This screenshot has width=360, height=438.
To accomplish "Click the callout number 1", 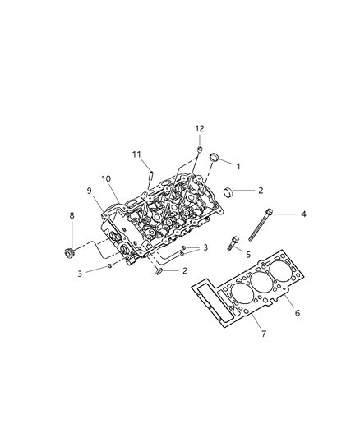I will pyautogui.click(x=238, y=165).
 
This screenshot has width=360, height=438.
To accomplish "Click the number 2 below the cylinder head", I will pyautogui.click(x=185, y=270).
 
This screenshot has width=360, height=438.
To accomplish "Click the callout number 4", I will pyautogui.click(x=303, y=214).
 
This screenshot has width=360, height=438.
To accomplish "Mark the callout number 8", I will pyautogui.click(x=72, y=216).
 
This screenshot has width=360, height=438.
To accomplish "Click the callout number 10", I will pyautogui.click(x=106, y=178).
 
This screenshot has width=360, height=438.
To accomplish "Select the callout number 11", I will pyautogui.click(x=137, y=154).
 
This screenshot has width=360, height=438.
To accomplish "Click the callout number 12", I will pyautogui.click(x=198, y=128).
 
